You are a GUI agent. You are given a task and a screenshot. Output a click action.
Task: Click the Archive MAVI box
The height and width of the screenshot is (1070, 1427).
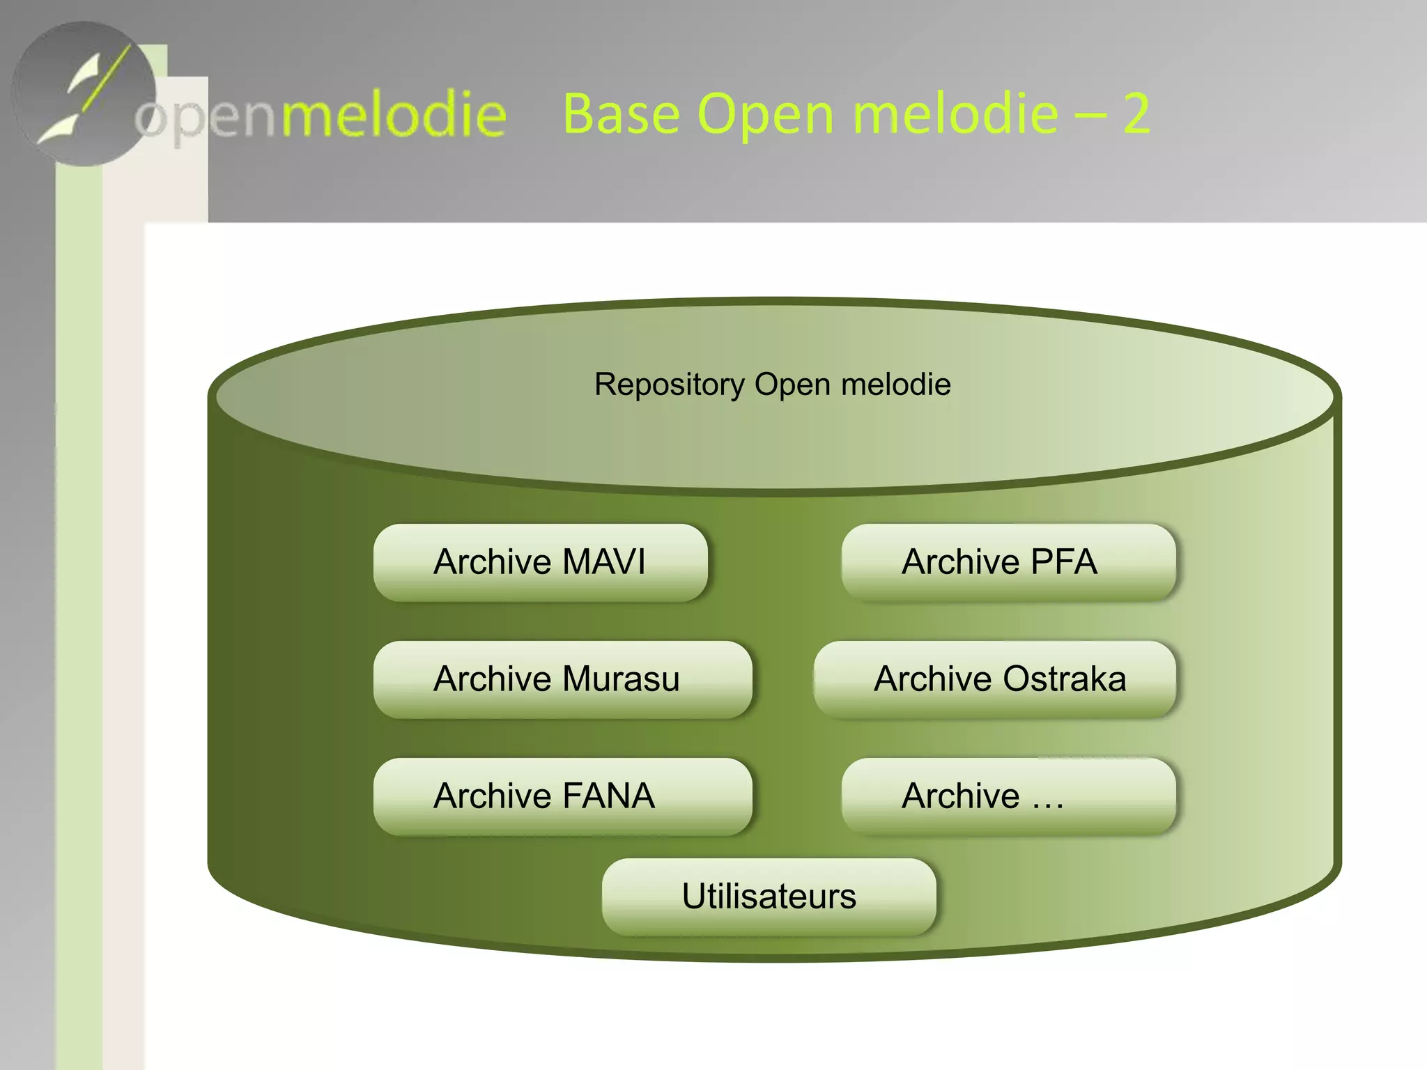540,563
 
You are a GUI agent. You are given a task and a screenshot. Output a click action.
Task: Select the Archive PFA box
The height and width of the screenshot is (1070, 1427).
1008,563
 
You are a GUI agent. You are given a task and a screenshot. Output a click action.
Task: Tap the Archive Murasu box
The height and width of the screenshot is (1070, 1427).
562,680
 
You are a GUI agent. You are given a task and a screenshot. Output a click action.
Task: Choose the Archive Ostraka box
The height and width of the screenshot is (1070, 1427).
994,680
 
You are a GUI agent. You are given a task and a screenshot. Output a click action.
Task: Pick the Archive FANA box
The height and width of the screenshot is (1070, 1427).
562,797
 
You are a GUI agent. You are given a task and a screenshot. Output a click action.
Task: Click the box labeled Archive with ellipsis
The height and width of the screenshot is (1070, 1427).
1008,797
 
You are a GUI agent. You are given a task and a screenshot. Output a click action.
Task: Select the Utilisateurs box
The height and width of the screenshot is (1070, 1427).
769,897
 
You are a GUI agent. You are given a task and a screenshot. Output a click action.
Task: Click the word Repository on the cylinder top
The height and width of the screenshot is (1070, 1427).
669,385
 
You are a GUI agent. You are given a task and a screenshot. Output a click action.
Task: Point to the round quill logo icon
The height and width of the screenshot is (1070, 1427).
84,94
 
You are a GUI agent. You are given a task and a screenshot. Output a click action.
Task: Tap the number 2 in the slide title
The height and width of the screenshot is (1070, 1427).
1136,114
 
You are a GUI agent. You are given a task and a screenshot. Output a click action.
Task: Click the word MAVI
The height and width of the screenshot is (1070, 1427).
603,562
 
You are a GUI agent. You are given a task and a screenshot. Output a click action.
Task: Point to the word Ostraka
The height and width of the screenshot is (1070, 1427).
1064,679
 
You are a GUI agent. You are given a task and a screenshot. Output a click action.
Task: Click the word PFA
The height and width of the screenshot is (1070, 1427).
1063,562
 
